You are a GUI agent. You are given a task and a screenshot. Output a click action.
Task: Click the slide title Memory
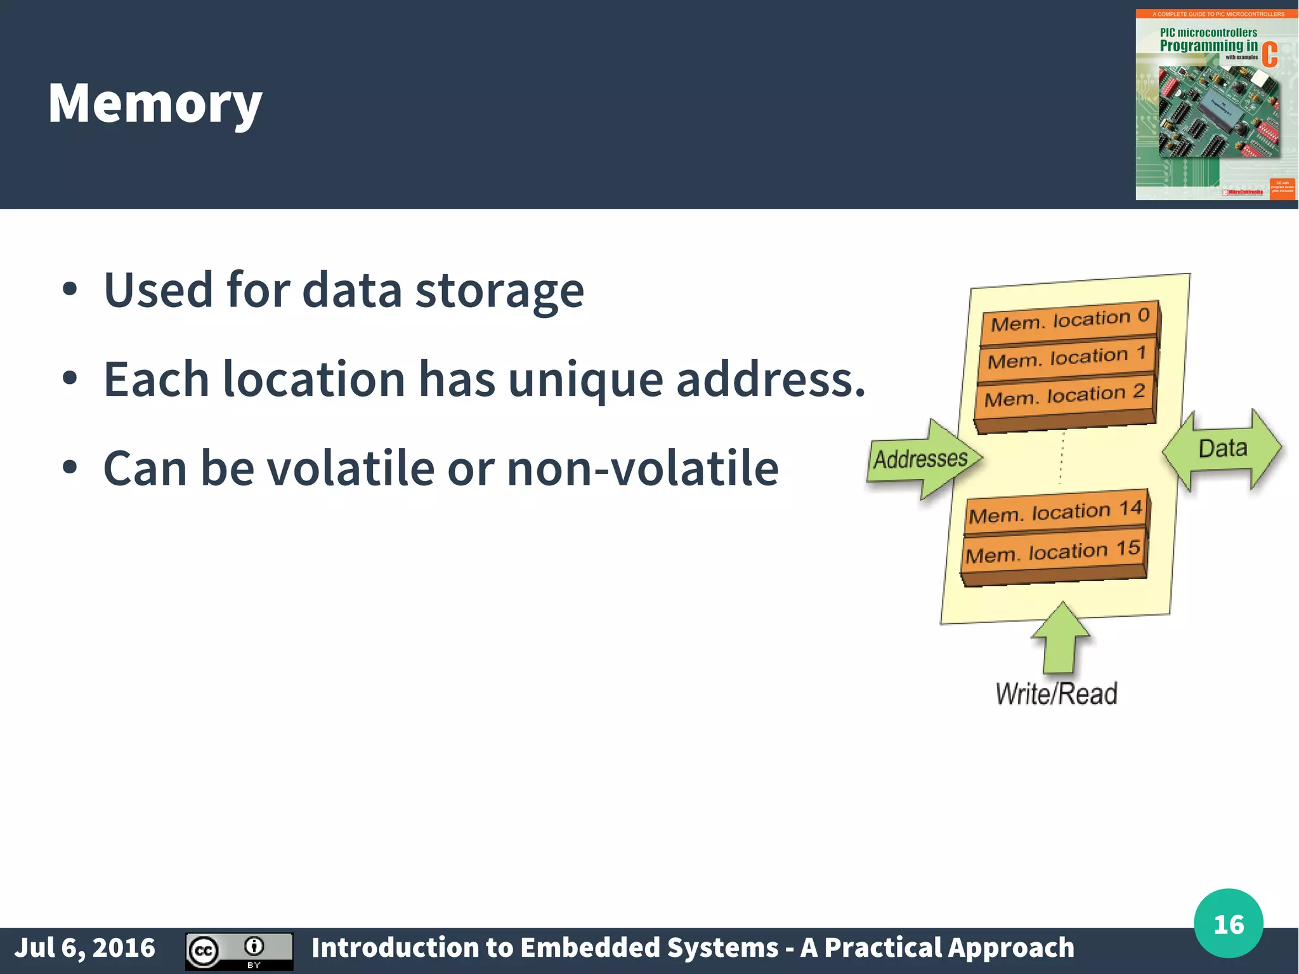[x=155, y=103]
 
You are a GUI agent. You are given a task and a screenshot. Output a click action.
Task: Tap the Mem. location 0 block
[x=1071, y=320]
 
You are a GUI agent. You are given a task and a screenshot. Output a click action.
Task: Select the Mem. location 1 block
[x=1067, y=358]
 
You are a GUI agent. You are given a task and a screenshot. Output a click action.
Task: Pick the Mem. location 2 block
[x=1064, y=397]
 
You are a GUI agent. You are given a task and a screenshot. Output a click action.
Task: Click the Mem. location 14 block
[x=1055, y=511]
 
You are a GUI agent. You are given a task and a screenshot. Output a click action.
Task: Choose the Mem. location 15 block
[x=1053, y=551]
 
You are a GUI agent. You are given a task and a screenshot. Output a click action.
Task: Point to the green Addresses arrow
[x=924, y=458]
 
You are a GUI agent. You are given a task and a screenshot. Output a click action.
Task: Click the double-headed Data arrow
[x=1222, y=449]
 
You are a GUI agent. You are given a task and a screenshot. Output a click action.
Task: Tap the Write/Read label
[x=1056, y=694]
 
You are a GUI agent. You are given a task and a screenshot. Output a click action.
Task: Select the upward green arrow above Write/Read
[x=1060, y=638]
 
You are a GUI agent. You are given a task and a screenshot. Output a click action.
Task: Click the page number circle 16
[x=1228, y=924]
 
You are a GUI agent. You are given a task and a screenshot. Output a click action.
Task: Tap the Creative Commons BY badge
[x=239, y=951]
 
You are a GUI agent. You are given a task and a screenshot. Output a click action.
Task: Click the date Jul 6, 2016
[x=84, y=947]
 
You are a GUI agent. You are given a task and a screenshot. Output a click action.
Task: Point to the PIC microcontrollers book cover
[x=1216, y=105]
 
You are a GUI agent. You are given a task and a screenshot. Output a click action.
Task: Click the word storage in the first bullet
[x=499, y=291]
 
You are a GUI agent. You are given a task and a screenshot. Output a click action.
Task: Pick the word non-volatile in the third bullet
[x=643, y=468]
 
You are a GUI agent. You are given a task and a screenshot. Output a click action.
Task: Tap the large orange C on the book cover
[x=1269, y=55]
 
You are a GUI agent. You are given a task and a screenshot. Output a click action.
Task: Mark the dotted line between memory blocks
[x=1062, y=458]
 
